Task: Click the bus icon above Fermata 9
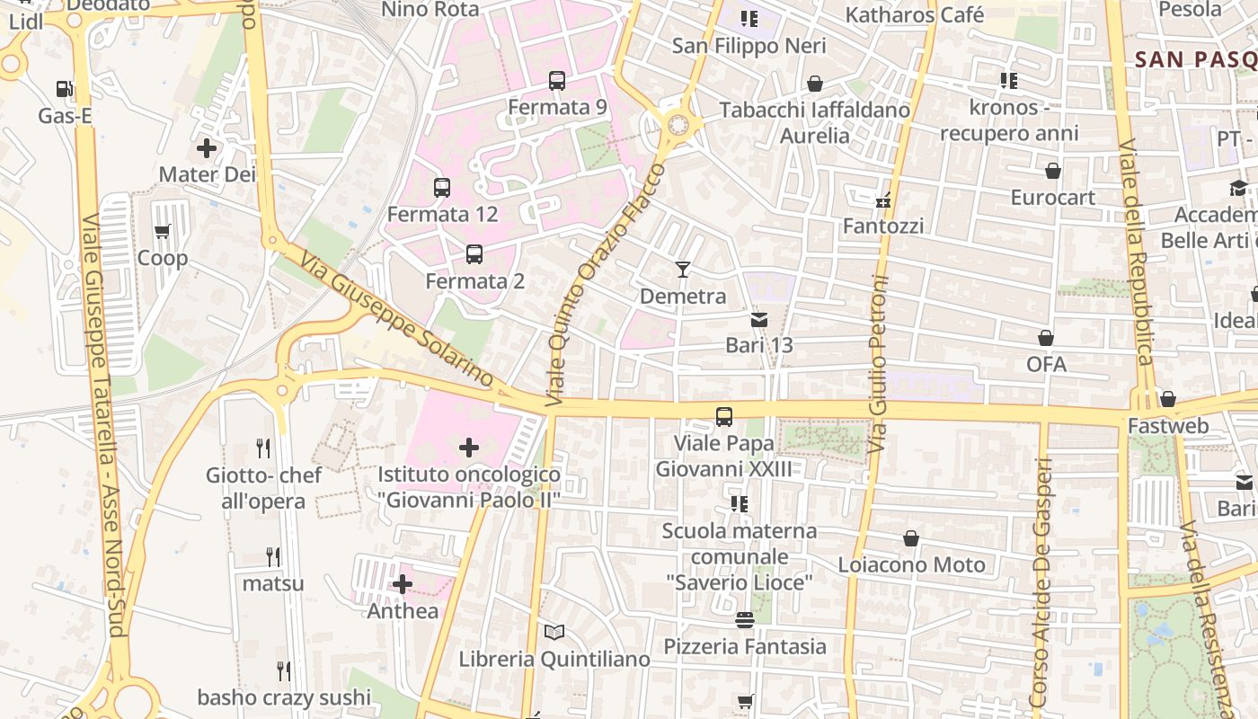557,81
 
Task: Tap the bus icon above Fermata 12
442,188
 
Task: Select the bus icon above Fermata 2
474,254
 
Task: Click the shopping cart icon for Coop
163,232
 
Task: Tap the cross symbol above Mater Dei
207,147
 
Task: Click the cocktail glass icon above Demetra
683,269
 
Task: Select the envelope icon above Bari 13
759,319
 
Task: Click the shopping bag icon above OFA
1046,338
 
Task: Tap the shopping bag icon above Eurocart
1053,171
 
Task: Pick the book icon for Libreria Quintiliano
554,633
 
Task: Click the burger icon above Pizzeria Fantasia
744,620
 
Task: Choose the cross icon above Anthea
403,585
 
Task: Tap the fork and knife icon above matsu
273,557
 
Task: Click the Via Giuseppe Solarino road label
398,320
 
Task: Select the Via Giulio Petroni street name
879,346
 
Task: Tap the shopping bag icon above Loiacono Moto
911,538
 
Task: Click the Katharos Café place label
915,15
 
